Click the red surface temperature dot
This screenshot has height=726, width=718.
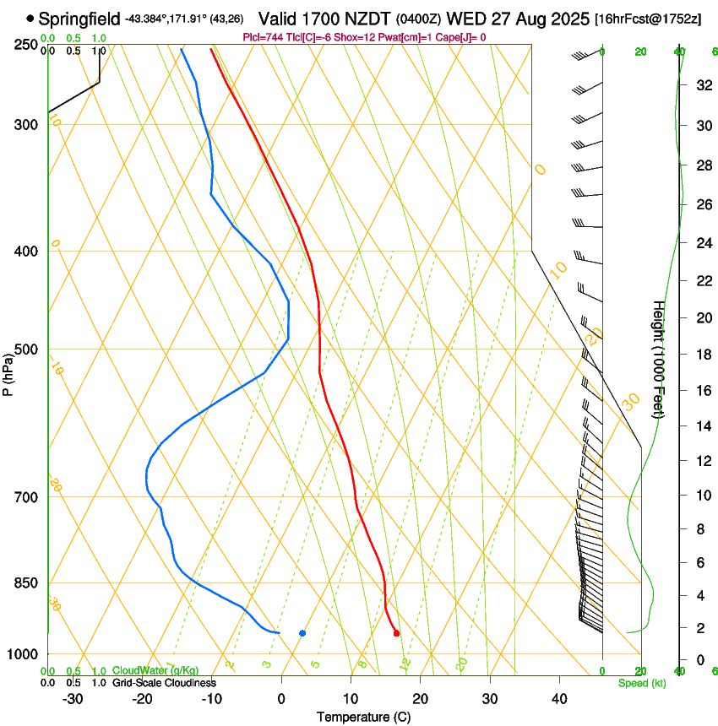tap(396, 633)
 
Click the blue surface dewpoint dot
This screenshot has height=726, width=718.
tap(302, 633)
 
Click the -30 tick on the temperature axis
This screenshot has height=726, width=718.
tap(73, 699)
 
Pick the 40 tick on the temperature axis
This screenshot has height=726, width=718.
tap(559, 699)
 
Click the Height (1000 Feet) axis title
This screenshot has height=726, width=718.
tap(658, 359)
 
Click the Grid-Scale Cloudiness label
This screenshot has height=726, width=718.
tap(165, 683)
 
